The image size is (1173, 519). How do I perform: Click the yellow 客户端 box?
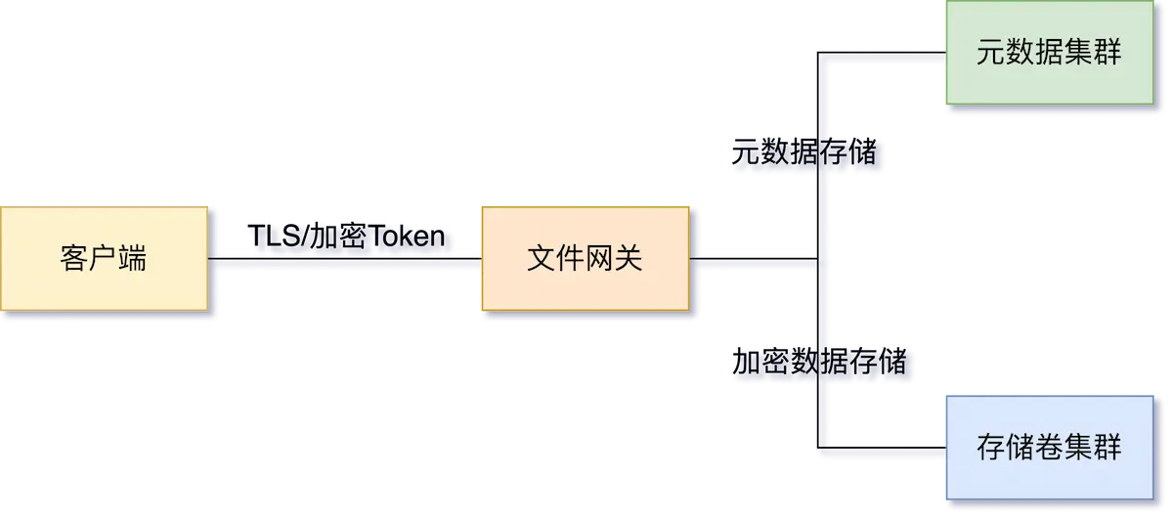point(104,259)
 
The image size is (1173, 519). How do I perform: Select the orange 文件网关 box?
point(584,259)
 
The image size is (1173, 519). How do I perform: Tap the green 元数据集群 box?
point(1048,54)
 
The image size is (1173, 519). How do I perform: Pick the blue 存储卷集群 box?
point(1048,447)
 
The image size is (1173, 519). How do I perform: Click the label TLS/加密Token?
point(348,237)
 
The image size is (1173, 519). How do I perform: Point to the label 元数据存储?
point(803,153)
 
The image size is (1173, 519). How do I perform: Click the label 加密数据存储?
point(819,363)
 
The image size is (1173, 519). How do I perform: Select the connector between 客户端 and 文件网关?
point(343,265)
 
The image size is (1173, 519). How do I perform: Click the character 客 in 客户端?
point(74,259)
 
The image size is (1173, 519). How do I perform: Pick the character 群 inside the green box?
point(1107,54)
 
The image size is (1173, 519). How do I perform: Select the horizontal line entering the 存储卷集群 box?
point(880,451)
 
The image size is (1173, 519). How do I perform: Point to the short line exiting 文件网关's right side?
point(753,265)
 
